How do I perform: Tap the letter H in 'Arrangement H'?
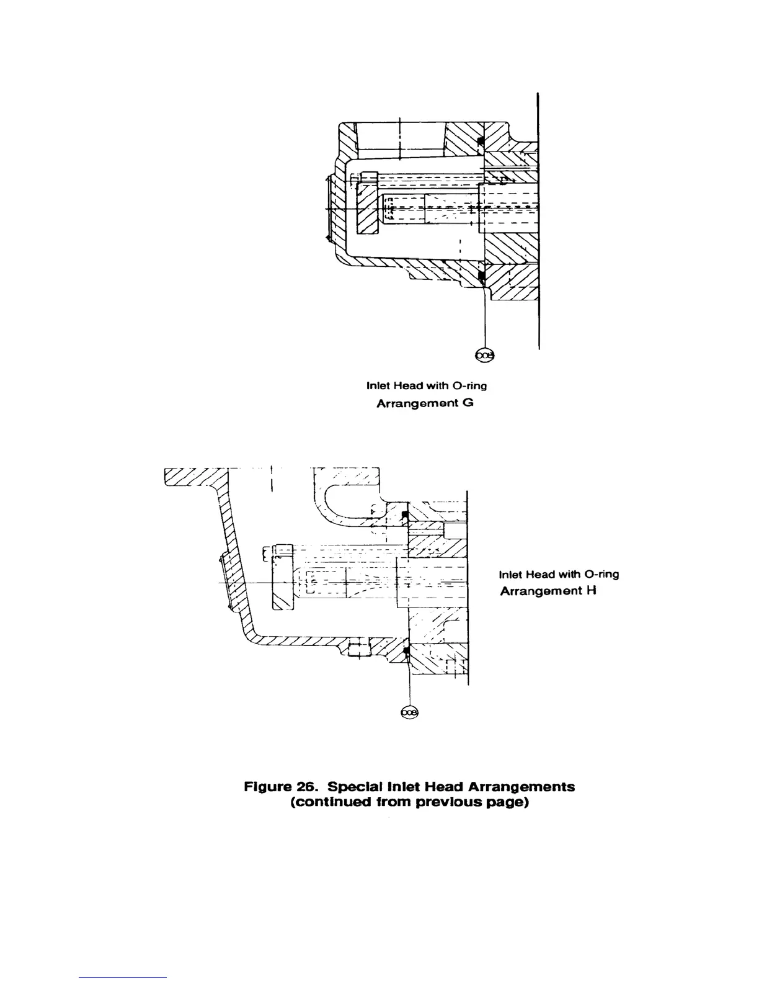point(592,590)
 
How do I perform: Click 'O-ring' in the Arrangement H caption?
point(601,574)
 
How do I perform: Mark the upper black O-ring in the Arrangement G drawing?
point(480,142)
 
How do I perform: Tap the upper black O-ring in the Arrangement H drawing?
point(404,515)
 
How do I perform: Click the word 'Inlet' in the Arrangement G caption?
point(379,386)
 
